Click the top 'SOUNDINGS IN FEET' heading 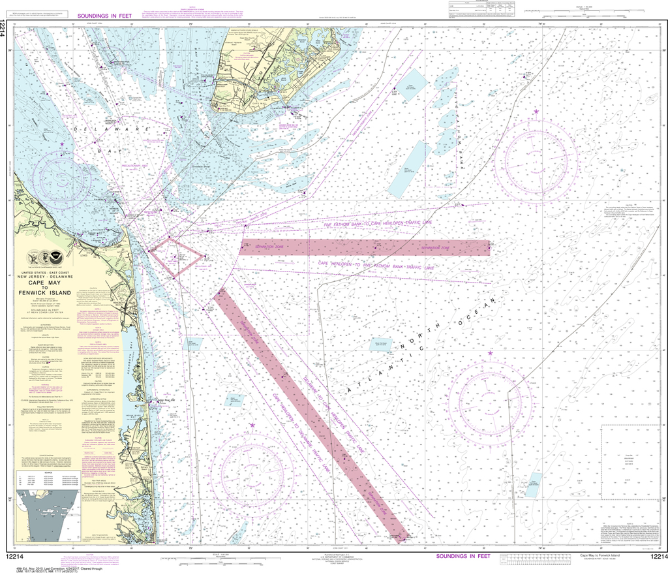pyautogui.click(x=105, y=15)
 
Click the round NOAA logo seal pyautogui.click(x=55, y=258)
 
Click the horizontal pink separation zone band pyautogui.click(x=365, y=247)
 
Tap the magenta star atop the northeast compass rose pyautogui.click(x=536, y=112)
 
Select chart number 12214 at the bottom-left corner pyautogui.click(x=15, y=556)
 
